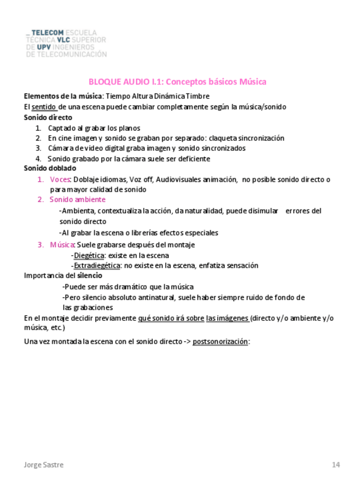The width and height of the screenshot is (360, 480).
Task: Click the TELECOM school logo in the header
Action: click(x=66, y=43)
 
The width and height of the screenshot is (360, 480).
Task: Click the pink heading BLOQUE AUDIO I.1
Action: click(x=177, y=82)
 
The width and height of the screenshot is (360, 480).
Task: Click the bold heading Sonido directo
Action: click(x=48, y=117)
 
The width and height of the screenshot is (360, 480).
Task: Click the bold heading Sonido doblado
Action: click(x=50, y=168)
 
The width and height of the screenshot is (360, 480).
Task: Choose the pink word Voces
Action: click(x=59, y=179)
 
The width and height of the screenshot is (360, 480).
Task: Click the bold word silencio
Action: click(x=89, y=276)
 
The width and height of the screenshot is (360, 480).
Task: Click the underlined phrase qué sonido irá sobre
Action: click(x=171, y=318)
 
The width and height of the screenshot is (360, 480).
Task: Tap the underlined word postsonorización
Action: click(x=220, y=341)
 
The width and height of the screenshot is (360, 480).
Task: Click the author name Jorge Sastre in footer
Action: click(x=44, y=465)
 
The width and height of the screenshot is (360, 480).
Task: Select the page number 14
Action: click(x=336, y=465)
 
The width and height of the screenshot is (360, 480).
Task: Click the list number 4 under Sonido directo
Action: click(x=38, y=158)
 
